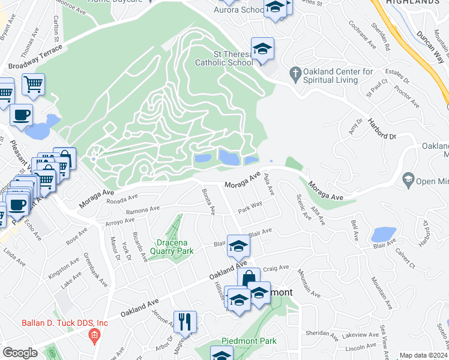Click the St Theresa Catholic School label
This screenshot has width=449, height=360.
tap(224, 58)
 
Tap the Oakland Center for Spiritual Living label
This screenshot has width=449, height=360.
tap(339, 75)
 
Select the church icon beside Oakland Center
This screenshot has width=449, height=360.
tap(295, 74)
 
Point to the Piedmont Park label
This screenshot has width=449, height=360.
tap(249, 341)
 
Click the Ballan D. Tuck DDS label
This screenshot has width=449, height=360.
tap(65, 323)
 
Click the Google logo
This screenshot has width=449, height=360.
tap(20, 353)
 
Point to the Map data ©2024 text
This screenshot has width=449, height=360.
tap(423, 355)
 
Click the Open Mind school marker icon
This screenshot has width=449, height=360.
tap(408, 179)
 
